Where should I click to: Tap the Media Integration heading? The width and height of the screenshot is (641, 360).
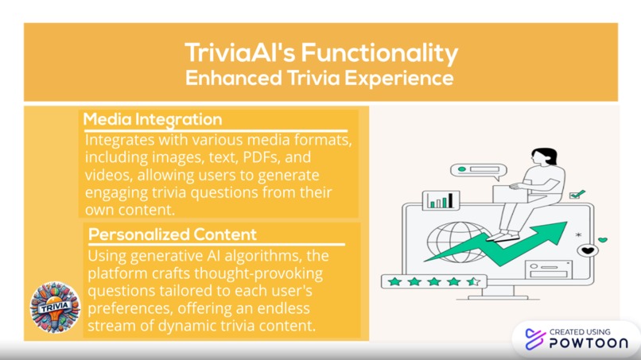(x=153, y=120)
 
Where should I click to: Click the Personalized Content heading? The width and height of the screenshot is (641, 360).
(x=173, y=234)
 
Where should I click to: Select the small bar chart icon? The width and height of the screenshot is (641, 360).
(x=439, y=200)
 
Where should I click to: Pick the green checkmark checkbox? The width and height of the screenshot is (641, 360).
(x=578, y=194)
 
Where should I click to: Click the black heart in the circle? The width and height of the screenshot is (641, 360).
(x=587, y=251)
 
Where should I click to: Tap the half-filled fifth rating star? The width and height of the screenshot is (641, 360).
(x=472, y=281)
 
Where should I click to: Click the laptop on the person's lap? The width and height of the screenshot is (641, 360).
(x=509, y=193)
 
